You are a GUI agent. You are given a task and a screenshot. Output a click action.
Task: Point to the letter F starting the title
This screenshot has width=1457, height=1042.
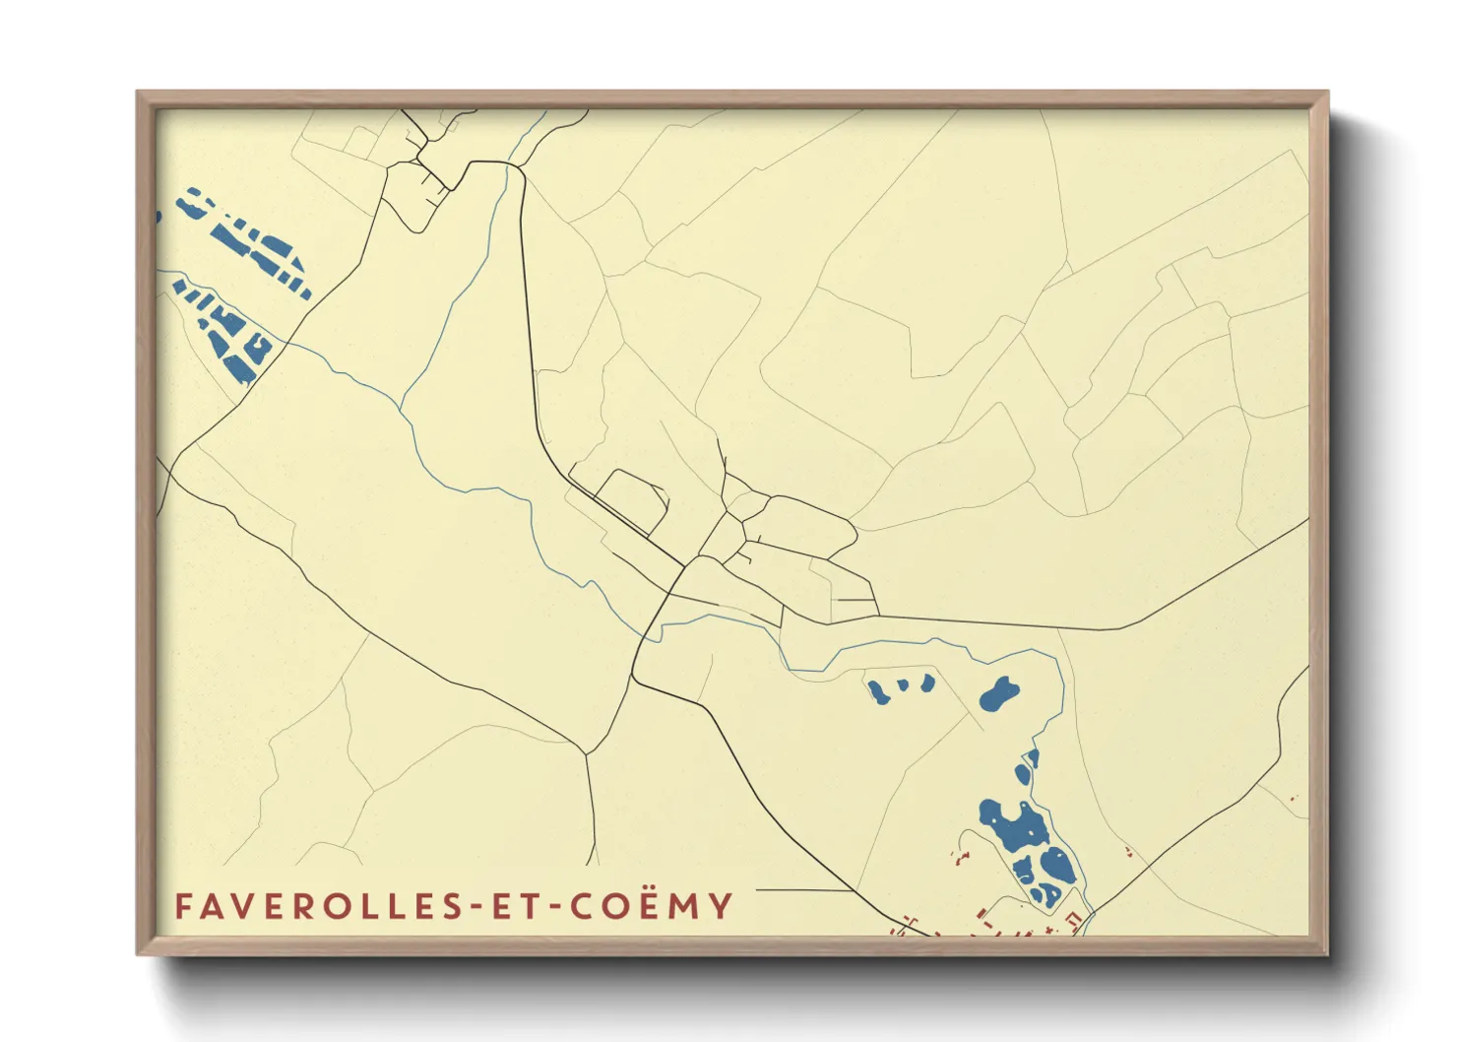tap(183, 906)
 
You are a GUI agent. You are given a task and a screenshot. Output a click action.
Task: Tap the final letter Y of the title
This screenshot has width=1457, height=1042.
tap(722, 906)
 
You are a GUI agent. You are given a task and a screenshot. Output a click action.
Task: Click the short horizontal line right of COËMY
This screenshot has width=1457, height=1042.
tap(802, 891)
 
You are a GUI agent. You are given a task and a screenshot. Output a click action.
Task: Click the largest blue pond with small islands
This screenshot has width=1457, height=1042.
tap(1013, 827)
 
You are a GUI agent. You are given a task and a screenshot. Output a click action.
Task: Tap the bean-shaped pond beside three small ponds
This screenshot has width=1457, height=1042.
tap(999, 694)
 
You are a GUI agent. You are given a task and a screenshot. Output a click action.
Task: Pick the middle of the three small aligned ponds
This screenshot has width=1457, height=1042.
tap(903, 685)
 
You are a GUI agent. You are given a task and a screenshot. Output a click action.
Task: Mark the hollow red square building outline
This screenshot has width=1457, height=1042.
tap(1076, 920)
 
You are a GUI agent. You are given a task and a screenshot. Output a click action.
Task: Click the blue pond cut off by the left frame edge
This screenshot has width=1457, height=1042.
tap(158, 216)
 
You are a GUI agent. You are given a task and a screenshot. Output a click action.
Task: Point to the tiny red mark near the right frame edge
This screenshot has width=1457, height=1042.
tap(1294, 799)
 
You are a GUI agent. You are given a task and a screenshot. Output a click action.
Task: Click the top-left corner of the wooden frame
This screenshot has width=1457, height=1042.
tap(138, 93)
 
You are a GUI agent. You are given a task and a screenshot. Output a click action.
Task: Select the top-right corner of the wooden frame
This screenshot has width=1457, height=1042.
tap(1327, 93)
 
